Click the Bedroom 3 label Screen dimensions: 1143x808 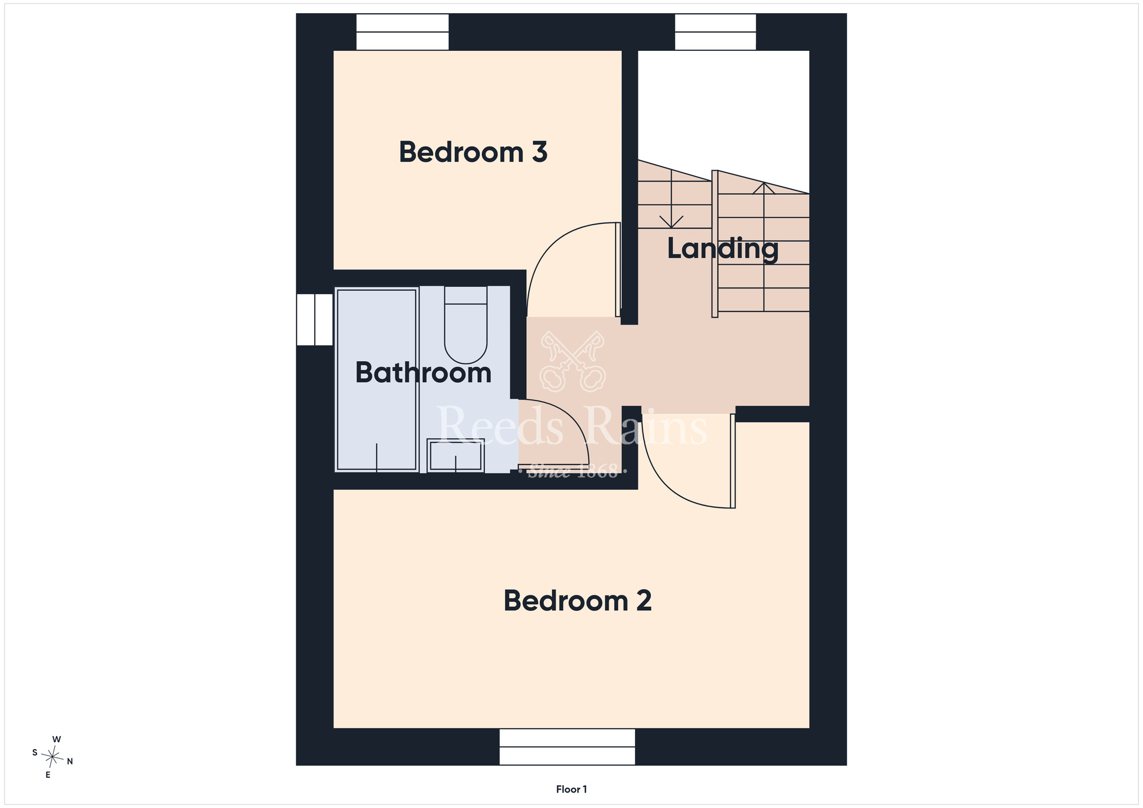[473, 153]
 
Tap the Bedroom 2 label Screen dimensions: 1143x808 [577, 601]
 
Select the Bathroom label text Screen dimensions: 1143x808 [423, 373]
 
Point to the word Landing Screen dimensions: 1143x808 [723, 249]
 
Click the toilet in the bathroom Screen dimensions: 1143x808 [466, 325]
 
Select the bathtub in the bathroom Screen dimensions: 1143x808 [377, 380]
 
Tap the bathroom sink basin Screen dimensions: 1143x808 [456, 455]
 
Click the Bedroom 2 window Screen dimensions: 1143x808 [567, 747]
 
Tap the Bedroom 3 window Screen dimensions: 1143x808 [402, 32]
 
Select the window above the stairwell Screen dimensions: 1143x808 [716, 32]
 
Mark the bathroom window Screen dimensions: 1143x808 [314, 319]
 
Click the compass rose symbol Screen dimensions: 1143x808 [53, 758]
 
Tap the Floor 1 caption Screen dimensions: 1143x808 [571, 789]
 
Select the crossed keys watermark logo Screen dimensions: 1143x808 [573, 361]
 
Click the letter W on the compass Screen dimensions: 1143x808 [57, 739]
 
